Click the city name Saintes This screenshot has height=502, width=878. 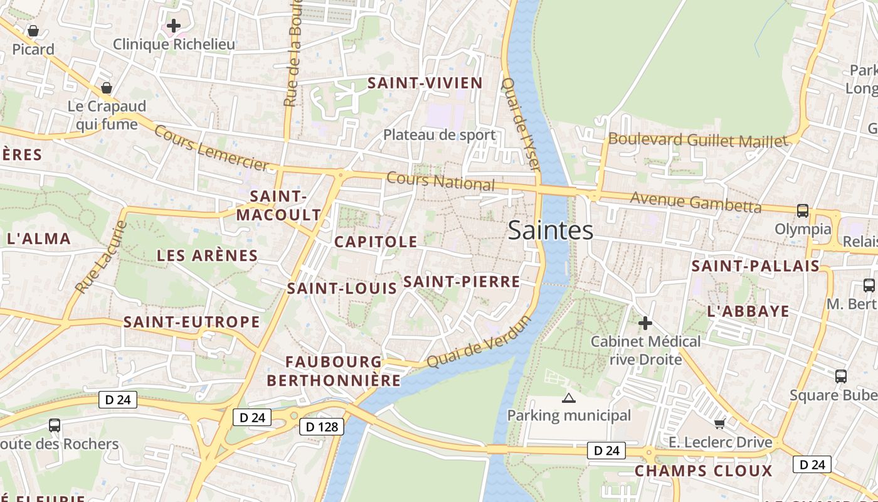point(551,230)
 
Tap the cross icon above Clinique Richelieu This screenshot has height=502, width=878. point(174,26)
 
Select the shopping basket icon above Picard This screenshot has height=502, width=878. point(33,30)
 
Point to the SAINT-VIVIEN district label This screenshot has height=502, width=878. point(425,83)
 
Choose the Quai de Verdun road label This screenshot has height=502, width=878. point(479,342)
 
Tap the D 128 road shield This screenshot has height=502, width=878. point(322,427)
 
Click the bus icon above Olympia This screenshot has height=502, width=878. point(802,210)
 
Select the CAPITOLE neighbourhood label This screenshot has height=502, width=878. point(376,242)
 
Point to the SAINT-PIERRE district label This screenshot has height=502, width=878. point(462,282)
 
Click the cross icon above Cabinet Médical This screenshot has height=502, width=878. point(645,323)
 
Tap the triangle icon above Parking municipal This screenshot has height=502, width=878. point(569,397)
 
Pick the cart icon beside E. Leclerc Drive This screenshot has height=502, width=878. point(719,424)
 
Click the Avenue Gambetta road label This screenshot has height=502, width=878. point(696,202)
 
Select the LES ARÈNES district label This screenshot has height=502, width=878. point(207,255)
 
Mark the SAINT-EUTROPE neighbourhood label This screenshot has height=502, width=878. point(191,322)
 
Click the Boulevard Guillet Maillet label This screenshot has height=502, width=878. point(697,139)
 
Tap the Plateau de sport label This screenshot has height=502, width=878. point(439,134)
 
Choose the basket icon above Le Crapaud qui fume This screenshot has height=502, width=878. point(107,87)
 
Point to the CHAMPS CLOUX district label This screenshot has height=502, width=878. point(703,471)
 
